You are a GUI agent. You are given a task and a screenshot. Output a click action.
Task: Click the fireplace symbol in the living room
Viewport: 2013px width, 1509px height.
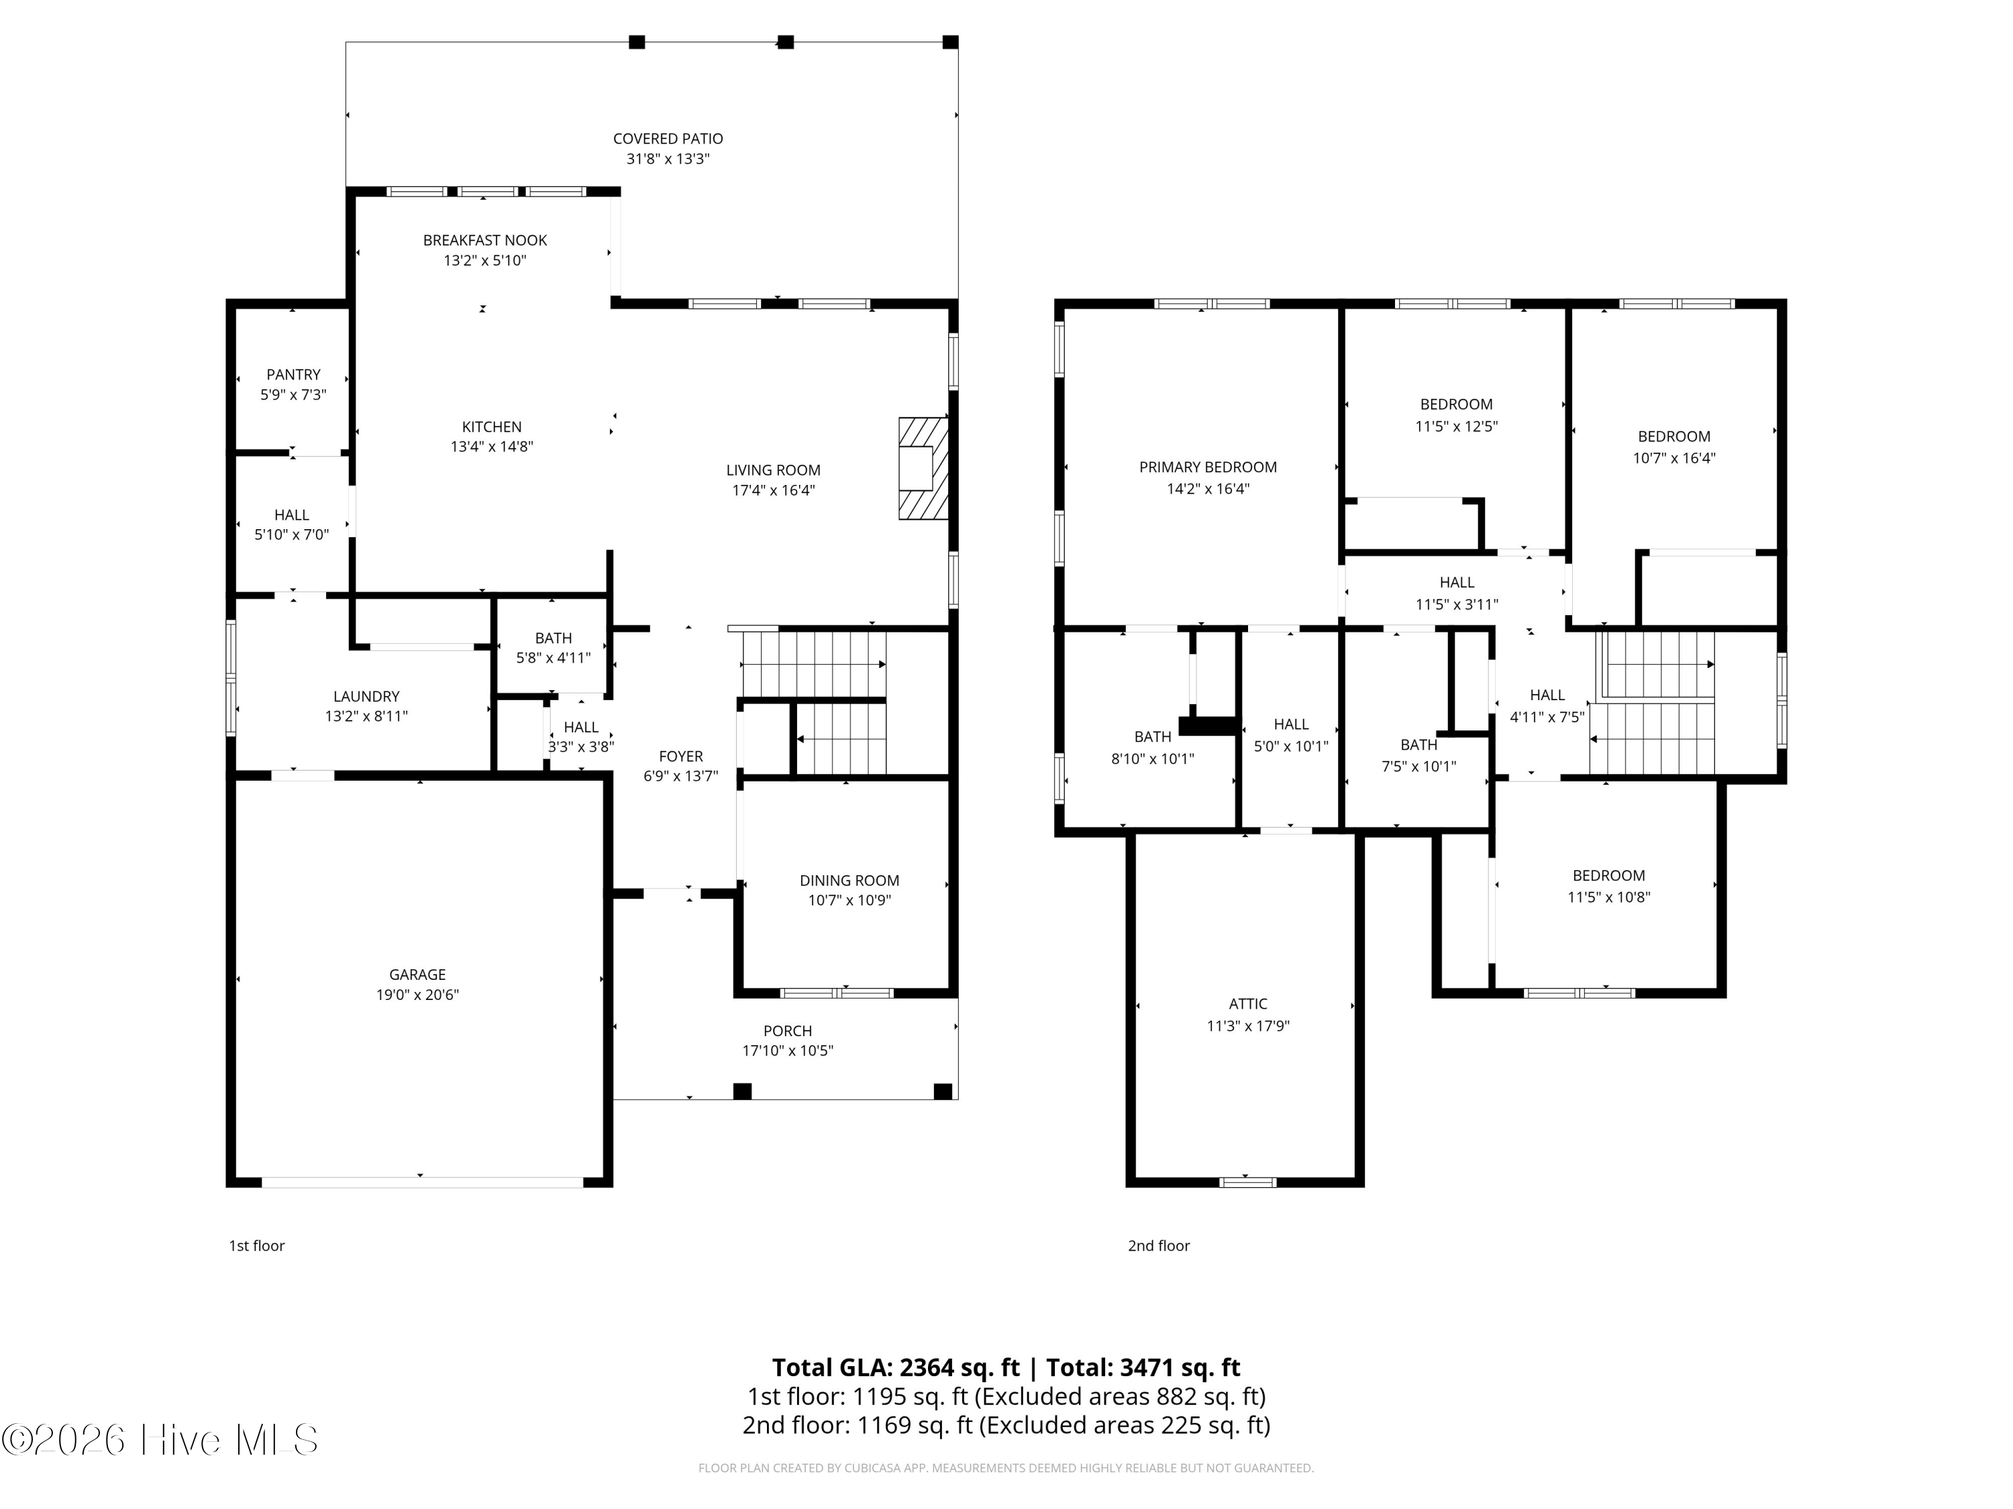point(923,468)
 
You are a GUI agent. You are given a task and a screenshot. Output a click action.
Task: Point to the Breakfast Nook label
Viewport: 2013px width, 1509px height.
point(485,240)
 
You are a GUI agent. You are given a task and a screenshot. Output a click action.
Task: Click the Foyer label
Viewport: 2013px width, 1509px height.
point(680,757)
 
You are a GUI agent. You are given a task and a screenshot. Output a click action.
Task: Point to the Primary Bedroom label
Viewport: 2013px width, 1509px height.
point(1208,467)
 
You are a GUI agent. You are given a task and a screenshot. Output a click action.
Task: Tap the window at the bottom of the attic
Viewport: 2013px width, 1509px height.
point(1247,1182)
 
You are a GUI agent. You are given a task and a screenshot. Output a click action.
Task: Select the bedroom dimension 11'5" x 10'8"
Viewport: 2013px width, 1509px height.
point(1608,897)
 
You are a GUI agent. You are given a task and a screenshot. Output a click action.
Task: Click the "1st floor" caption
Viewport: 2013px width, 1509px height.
point(256,1246)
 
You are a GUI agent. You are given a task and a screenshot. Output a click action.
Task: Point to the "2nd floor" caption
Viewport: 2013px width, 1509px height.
point(1158,1246)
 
